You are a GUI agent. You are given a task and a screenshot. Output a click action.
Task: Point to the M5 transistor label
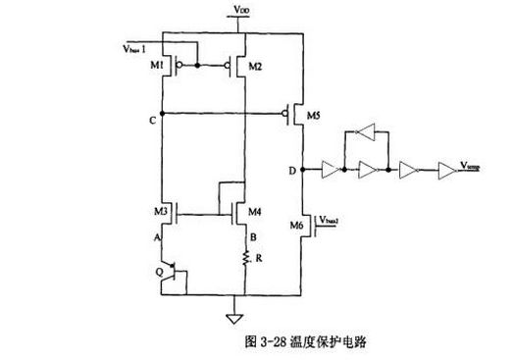point(314,115)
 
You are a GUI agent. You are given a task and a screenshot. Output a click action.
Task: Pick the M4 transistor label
point(256,212)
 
